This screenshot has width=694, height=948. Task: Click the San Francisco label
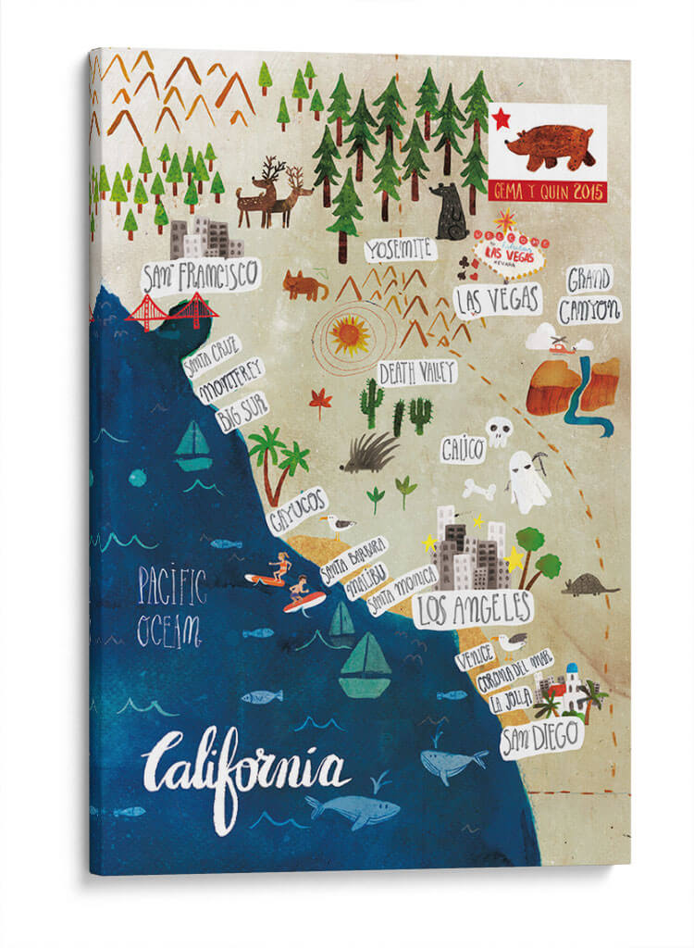[199, 275]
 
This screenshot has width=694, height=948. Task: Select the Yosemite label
[399, 248]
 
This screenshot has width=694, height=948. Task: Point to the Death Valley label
[417, 372]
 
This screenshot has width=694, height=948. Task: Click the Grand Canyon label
[591, 294]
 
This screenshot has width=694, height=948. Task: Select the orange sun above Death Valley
[350, 335]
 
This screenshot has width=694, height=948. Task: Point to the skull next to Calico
[499, 431]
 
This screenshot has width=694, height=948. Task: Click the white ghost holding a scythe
[527, 481]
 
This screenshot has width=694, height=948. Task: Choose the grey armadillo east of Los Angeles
[589, 584]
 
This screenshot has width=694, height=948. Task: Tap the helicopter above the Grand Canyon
[558, 343]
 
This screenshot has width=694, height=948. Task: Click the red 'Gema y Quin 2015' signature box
[547, 193]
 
